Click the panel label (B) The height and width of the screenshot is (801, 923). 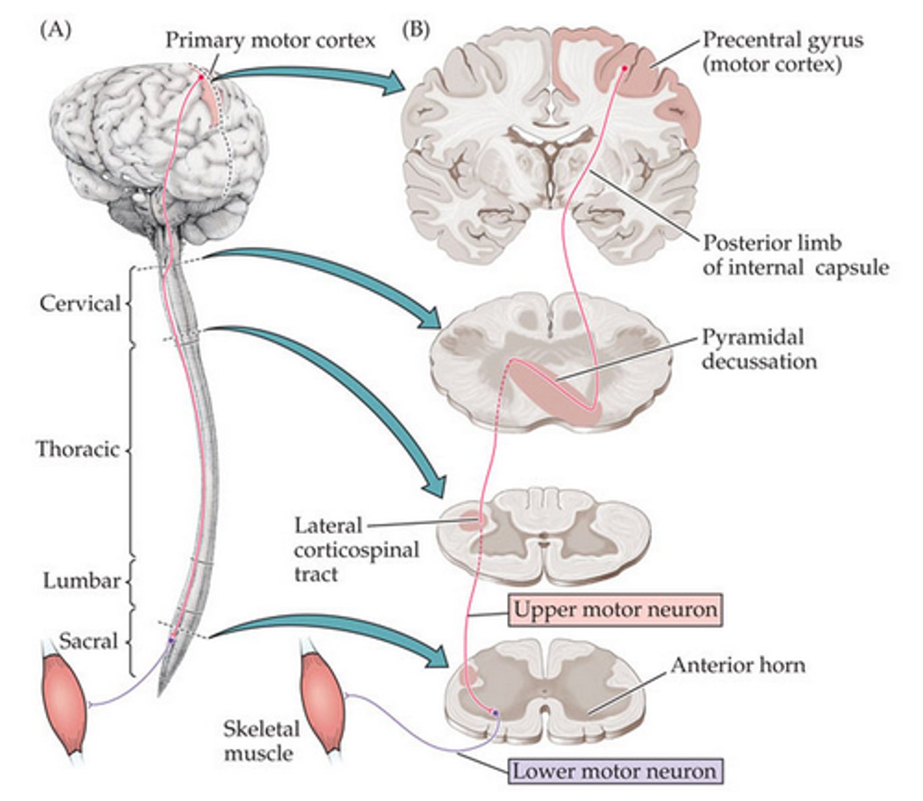click(x=416, y=30)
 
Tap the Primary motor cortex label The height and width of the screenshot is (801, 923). click(x=270, y=40)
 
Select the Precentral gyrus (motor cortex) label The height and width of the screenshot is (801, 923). click(x=781, y=51)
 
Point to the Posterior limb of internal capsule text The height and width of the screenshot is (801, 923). click(x=795, y=255)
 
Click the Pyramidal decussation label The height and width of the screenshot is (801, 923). click(x=759, y=348)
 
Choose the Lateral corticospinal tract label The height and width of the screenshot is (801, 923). click(x=356, y=549)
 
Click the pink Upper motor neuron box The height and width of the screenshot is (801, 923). click(x=615, y=609)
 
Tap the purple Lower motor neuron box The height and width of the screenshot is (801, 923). click(x=614, y=771)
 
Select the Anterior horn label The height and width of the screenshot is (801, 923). click(x=737, y=665)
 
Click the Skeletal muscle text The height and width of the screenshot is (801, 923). click(x=260, y=740)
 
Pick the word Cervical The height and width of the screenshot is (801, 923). click(x=80, y=304)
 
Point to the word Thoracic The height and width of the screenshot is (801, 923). click(x=77, y=449)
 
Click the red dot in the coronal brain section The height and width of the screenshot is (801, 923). click(x=624, y=67)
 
